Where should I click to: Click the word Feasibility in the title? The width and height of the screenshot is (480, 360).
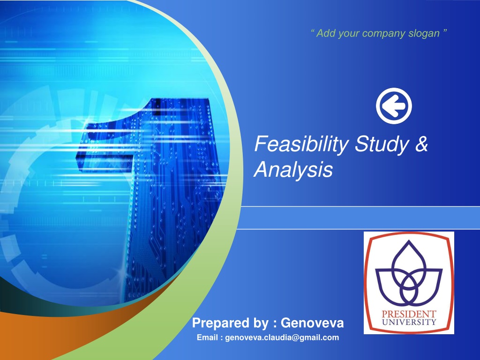coord(301,144)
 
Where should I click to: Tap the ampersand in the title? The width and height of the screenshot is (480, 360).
coord(421,144)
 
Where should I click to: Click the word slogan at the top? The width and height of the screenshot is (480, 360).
coord(425,33)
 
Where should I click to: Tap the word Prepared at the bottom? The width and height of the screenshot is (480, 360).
coord(215,323)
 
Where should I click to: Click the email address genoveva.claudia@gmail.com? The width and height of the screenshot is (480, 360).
coord(282,337)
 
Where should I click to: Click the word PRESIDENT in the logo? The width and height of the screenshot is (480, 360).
coord(408,314)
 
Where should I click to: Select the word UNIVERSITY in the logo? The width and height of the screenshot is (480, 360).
coord(408,322)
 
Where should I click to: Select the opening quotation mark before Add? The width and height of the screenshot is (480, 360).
coord(312,32)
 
